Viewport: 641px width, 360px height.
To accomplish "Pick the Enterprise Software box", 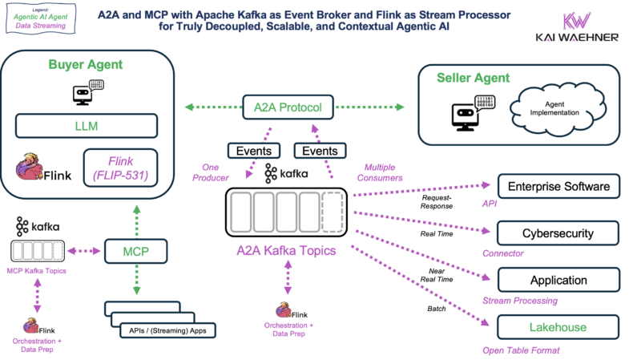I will click(558, 187).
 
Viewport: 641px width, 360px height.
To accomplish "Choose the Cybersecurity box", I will click(558, 233).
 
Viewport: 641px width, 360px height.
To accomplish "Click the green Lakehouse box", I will click(558, 327).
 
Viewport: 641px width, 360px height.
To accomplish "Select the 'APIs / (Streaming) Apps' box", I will click(165, 330).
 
